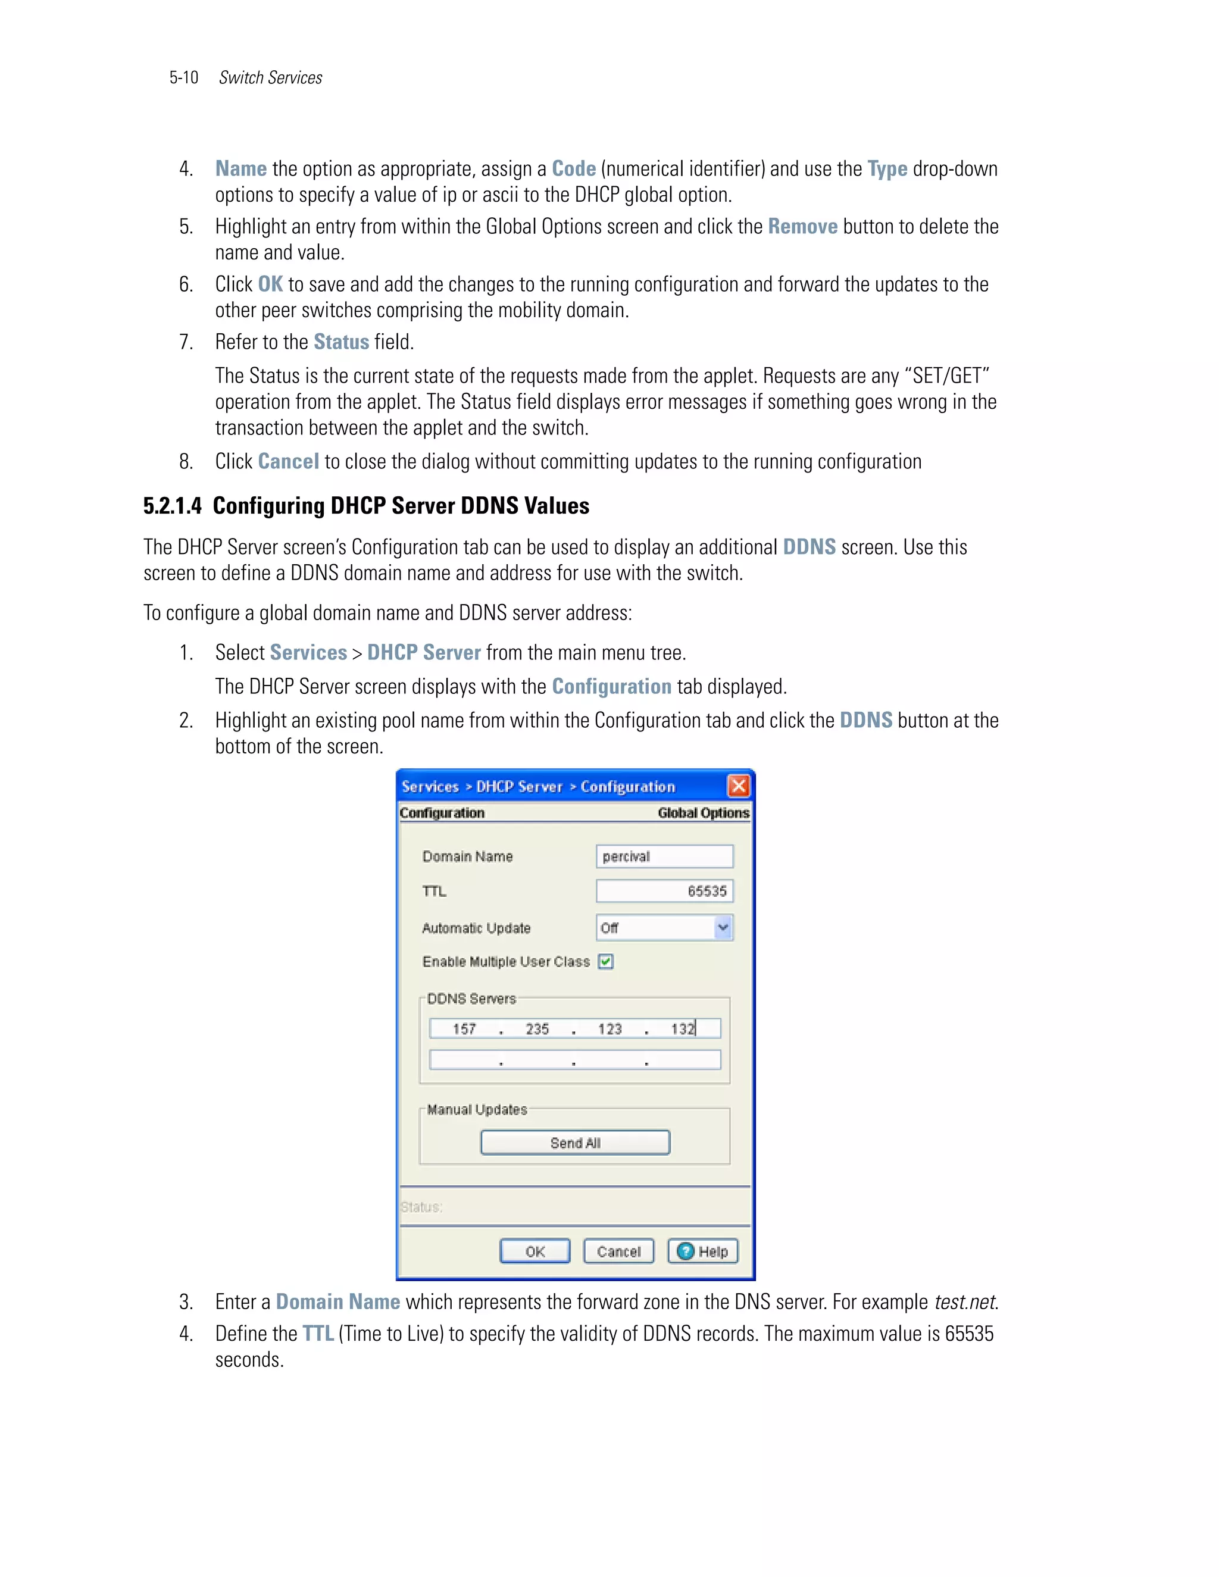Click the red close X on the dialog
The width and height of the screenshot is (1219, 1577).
(x=738, y=786)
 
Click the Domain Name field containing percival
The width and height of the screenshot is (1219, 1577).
(x=664, y=856)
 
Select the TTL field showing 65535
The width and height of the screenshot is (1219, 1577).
(x=664, y=891)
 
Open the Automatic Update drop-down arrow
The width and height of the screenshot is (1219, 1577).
(x=723, y=927)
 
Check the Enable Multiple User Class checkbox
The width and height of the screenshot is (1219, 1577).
(x=606, y=961)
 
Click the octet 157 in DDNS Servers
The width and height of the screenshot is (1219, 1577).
(x=464, y=1029)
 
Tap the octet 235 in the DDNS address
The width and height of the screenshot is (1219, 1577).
(x=537, y=1029)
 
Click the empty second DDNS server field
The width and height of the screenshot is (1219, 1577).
(x=575, y=1059)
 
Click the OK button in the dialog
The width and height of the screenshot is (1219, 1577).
(x=535, y=1251)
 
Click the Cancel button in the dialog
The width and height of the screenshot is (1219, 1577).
(x=618, y=1251)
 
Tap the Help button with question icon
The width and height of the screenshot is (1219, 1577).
(x=703, y=1251)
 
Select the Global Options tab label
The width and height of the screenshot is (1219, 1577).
(x=703, y=813)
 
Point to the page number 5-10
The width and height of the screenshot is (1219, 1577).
(x=183, y=78)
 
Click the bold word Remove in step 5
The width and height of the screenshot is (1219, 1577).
(x=802, y=227)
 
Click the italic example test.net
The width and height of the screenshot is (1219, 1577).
(x=965, y=1302)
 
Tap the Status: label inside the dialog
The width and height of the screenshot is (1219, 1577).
(x=422, y=1207)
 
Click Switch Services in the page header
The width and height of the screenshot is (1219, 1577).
(x=270, y=78)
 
